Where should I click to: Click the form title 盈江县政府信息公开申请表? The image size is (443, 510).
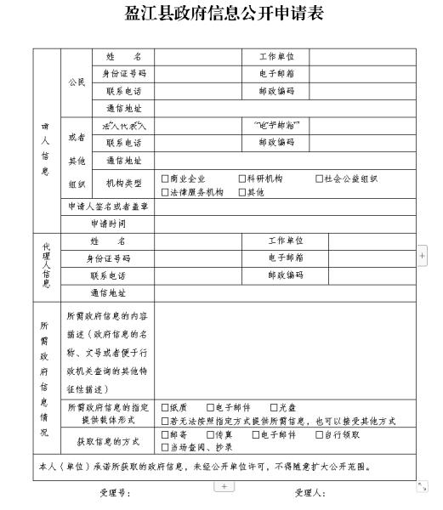tap(224, 15)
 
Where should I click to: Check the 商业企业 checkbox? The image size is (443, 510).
tap(165, 179)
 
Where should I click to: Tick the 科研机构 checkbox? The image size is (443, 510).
tap(241, 179)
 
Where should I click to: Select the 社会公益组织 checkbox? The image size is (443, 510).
tap(318, 179)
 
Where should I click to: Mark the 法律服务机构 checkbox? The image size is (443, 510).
tap(165, 192)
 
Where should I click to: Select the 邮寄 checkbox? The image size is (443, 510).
tap(165, 434)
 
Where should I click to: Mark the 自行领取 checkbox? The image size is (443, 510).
tap(318, 434)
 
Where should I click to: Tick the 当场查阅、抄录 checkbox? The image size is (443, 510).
tap(165, 446)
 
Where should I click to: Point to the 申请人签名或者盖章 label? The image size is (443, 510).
tap(108, 206)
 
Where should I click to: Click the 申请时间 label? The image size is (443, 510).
tap(108, 224)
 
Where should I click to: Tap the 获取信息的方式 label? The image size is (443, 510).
tap(108, 439)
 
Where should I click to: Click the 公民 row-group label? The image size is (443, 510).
tap(77, 82)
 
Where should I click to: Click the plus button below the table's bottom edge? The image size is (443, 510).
tap(224, 485)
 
